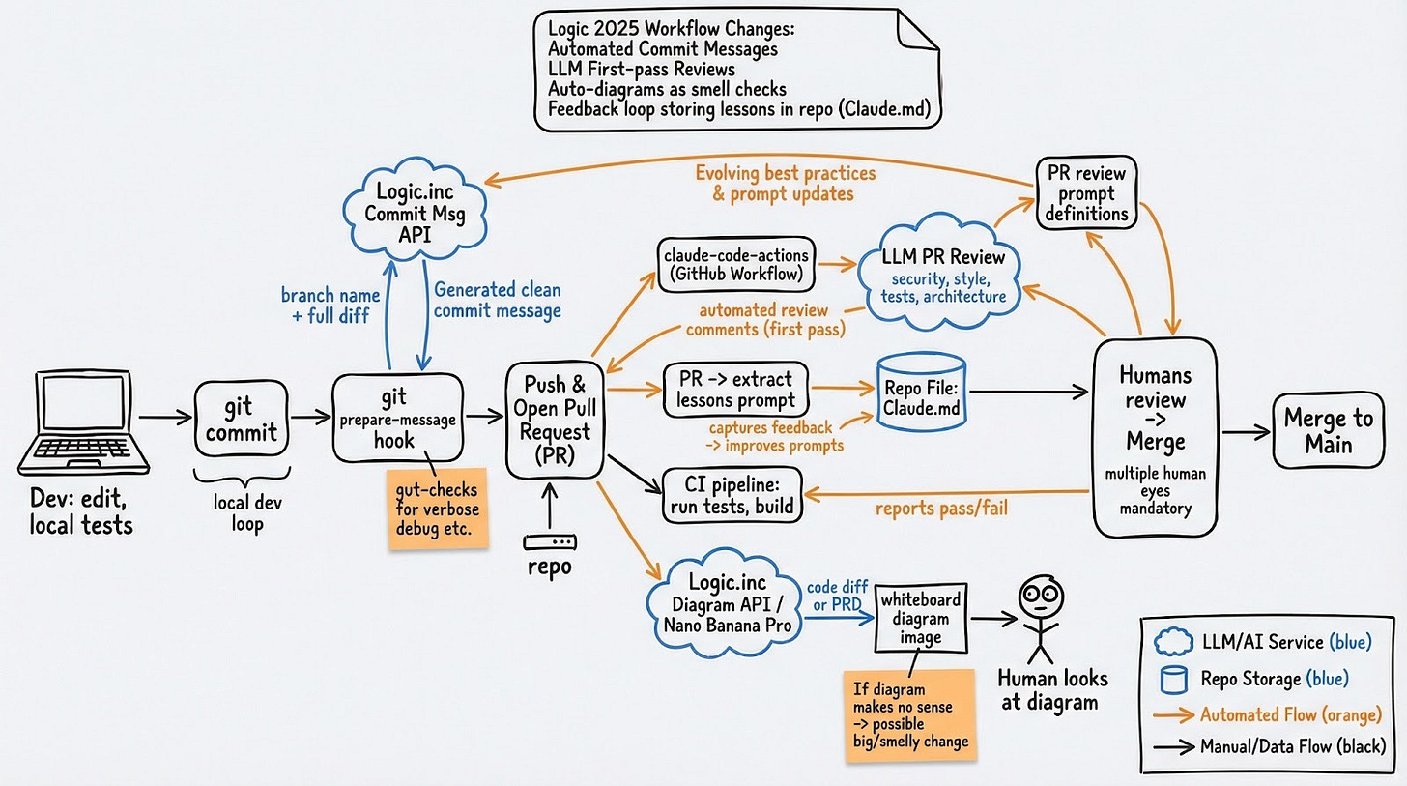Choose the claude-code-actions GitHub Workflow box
click(736, 263)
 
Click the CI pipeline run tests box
click(732, 494)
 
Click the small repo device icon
click(549, 543)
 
